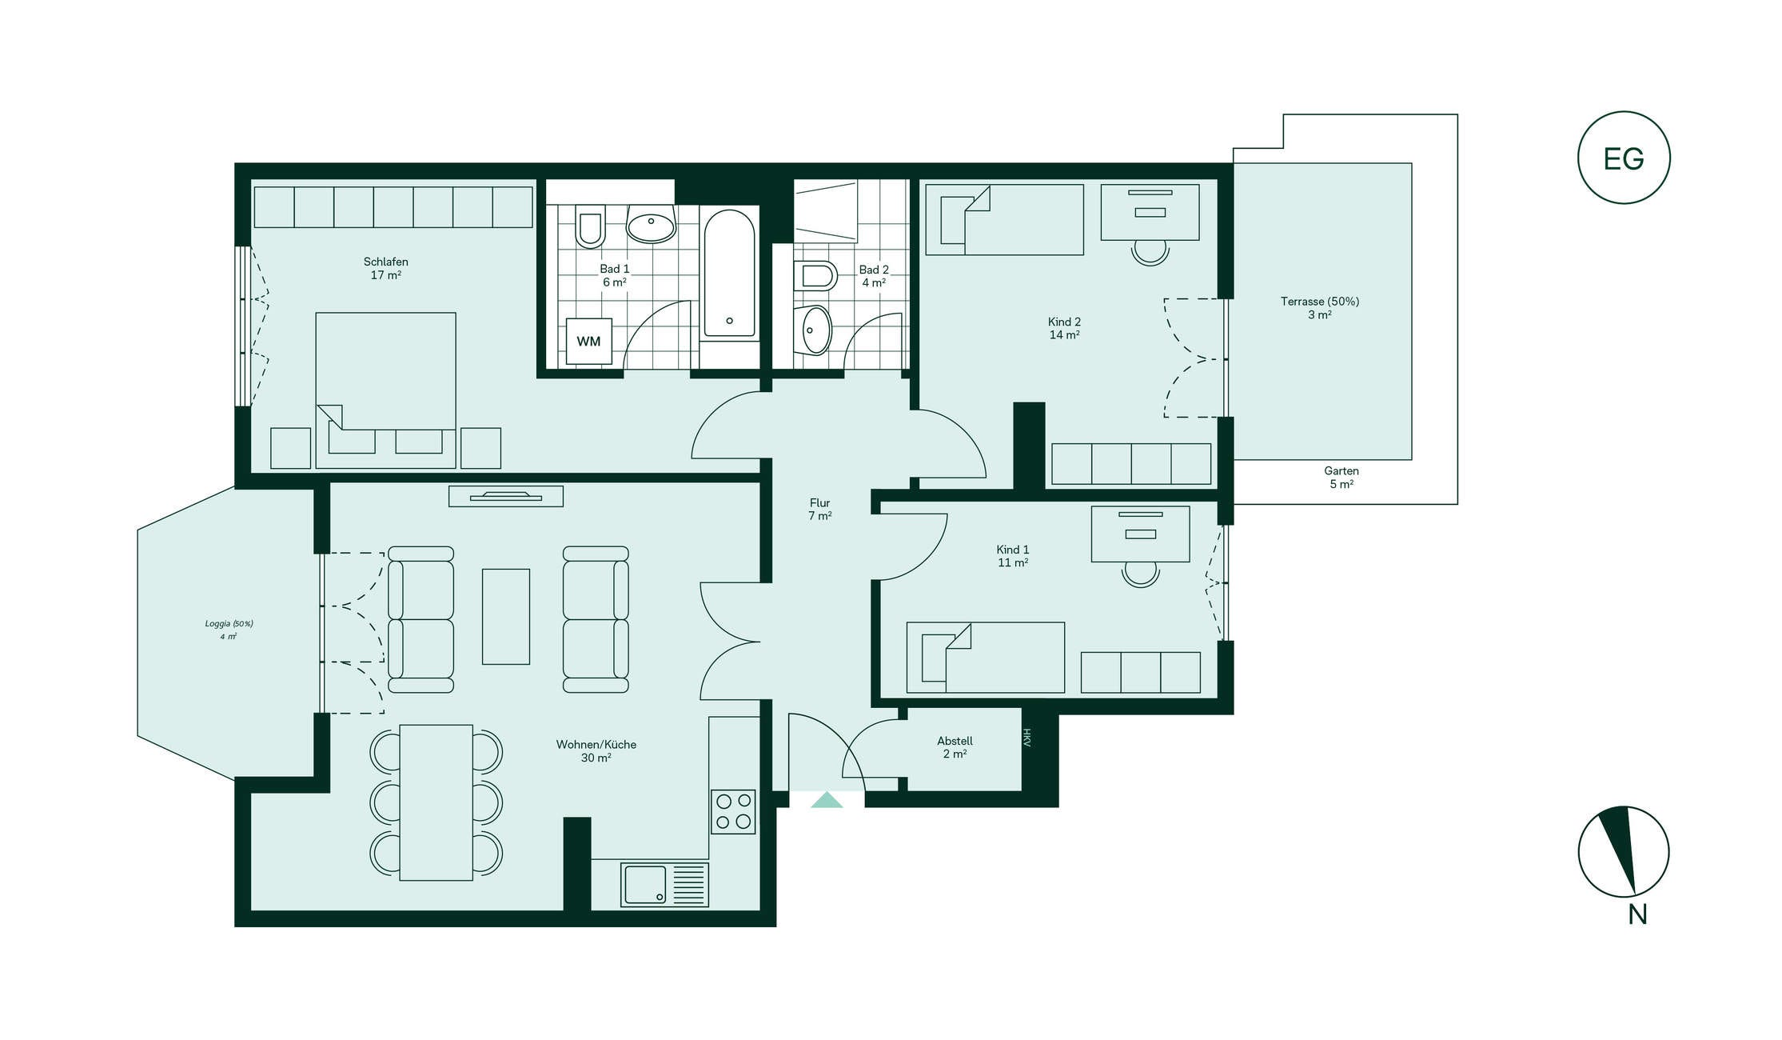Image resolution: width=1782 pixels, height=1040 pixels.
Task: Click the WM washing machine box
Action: (588, 342)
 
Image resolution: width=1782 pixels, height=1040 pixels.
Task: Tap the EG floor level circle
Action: (1624, 158)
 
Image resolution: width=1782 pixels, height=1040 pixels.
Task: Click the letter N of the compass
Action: (1637, 914)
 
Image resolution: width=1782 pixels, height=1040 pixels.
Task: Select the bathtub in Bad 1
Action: (729, 273)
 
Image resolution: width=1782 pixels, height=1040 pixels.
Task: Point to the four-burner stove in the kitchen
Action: (733, 812)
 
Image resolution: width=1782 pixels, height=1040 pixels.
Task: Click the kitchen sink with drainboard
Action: (664, 884)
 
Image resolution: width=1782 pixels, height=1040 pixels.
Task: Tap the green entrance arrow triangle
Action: (827, 800)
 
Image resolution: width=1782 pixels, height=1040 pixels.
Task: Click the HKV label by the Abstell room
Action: (1027, 738)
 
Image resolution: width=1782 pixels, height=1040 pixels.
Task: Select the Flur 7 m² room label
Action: (819, 510)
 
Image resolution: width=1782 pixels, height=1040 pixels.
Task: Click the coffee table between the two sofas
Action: (505, 617)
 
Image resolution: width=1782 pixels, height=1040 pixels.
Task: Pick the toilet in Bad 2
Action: (815, 276)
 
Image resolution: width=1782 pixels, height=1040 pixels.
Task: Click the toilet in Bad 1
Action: (590, 226)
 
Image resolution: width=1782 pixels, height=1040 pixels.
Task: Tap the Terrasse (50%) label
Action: (1319, 302)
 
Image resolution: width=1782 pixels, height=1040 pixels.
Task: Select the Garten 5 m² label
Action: (1341, 478)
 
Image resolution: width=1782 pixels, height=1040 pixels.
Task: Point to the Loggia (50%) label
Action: (229, 624)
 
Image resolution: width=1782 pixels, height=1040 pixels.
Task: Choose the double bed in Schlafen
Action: (385, 390)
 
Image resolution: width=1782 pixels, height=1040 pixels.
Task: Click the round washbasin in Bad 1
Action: (651, 224)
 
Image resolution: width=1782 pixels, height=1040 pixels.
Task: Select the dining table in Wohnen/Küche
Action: (436, 802)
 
